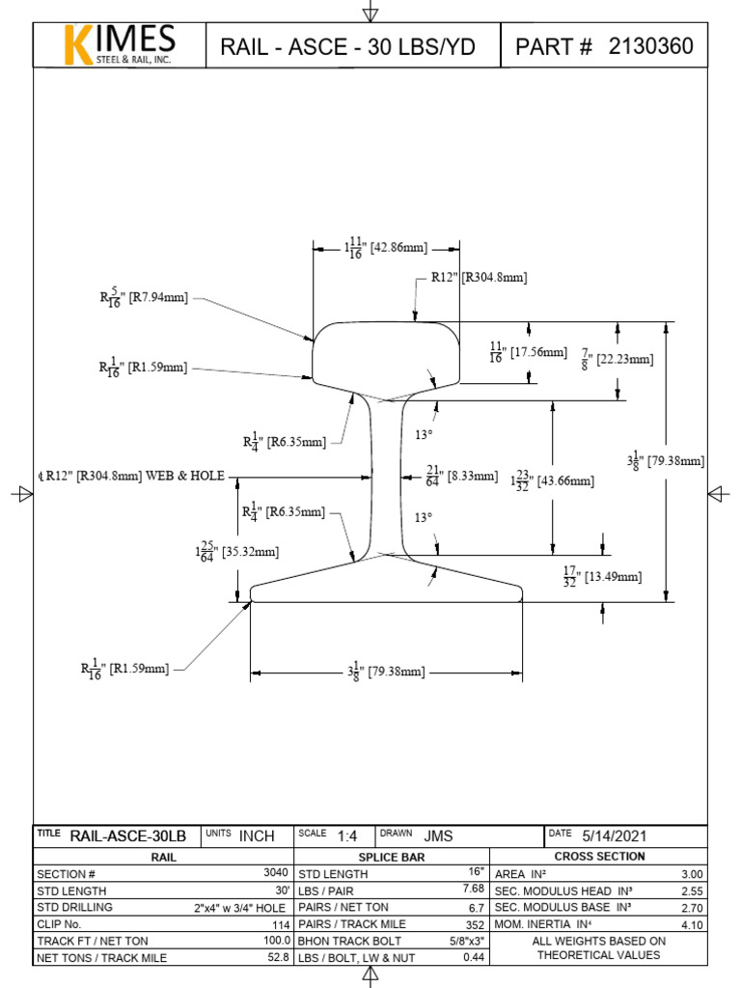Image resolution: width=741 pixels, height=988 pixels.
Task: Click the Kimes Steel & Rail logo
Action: coord(120,45)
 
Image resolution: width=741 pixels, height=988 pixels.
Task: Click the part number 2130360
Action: coord(650,46)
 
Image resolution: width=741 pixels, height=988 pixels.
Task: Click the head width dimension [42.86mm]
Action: coord(386,248)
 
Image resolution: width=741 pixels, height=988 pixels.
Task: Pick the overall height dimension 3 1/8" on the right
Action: coord(666,460)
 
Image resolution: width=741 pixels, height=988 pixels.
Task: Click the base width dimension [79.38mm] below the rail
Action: coord(386,671)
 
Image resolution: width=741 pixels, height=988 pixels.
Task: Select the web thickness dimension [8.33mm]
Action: coord(461,476)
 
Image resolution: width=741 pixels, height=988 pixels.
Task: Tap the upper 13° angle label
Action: coord(423,435)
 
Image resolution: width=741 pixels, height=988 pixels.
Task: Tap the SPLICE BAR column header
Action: coord(392,857)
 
